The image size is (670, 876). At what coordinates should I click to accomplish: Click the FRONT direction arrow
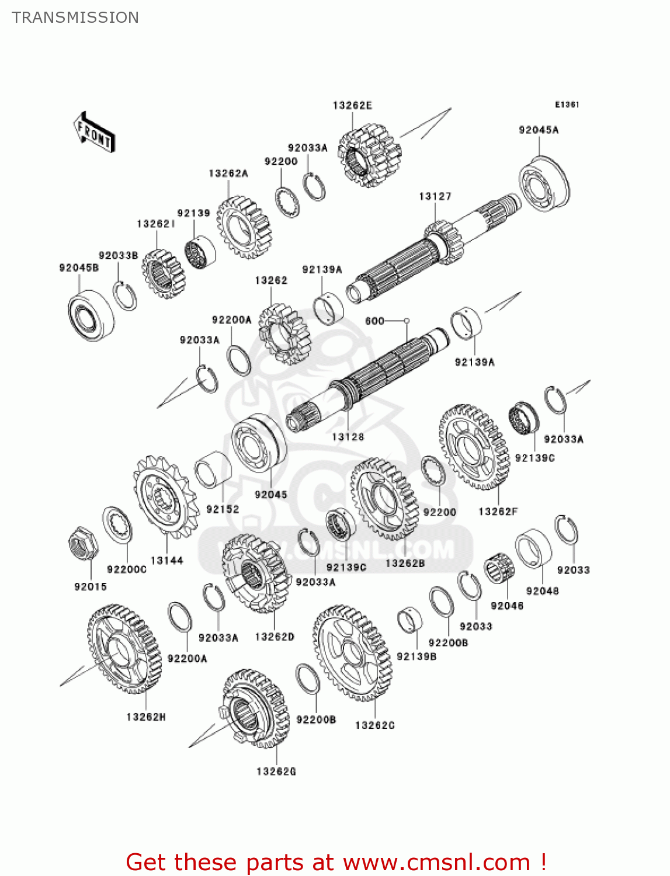94,133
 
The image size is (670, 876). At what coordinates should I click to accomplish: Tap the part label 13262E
352,106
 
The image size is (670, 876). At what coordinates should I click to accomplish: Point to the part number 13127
435,197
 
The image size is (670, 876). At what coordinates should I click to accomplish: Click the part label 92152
223,509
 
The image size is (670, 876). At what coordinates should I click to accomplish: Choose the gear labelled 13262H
124,648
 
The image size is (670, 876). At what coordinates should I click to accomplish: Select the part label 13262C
375,725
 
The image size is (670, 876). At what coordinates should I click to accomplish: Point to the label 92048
543,591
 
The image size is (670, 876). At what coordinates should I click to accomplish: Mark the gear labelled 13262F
474,447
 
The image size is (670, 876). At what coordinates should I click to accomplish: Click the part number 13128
348,437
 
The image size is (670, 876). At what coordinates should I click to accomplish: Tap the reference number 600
374,321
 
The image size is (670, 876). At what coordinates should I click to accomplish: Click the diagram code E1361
567,105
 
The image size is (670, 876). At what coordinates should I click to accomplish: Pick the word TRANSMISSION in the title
75,18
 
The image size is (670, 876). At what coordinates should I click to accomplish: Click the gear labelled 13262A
244,227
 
